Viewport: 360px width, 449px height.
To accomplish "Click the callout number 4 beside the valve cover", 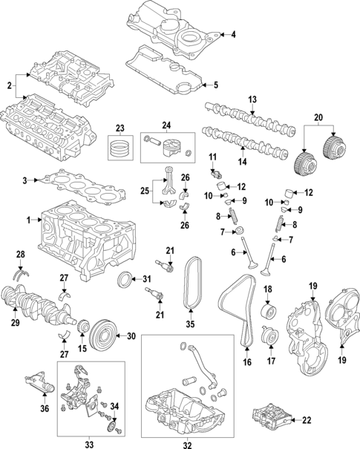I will pos(232,35).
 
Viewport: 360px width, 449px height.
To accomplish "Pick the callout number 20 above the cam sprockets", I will pos(319,117).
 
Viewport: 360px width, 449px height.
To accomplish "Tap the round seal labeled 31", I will pos(128,280).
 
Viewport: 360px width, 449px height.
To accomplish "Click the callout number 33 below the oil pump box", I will pos(90,444).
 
